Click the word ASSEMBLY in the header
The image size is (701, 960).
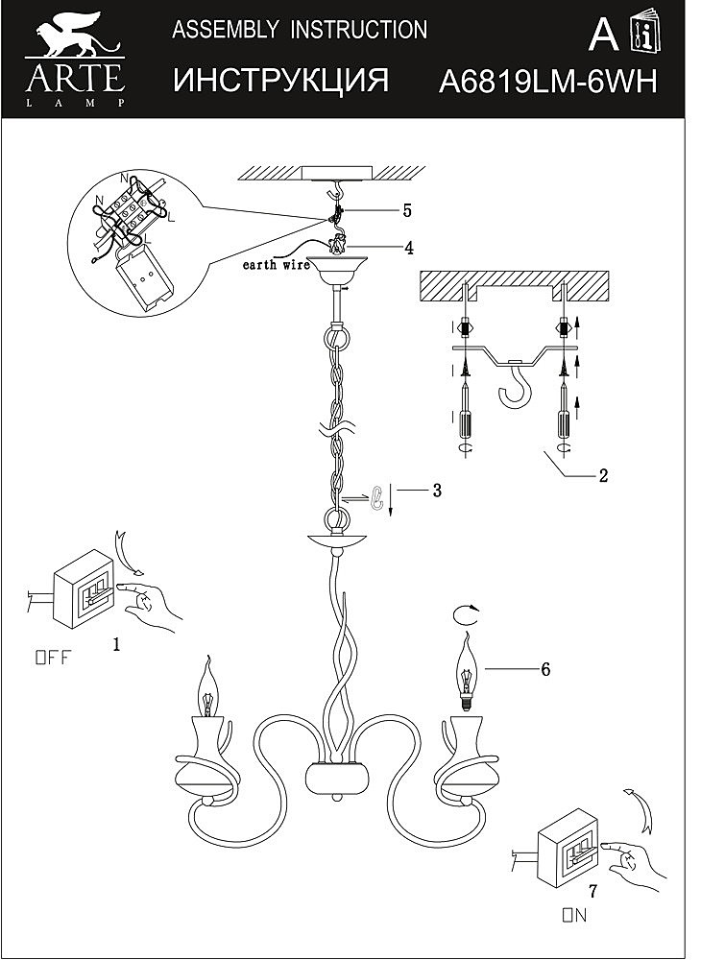(217, 30)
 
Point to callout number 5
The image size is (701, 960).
(406, 209)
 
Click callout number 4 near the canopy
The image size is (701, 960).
(408, 248)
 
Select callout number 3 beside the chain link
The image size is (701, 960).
(436, 491)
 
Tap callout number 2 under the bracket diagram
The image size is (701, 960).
(603, 474)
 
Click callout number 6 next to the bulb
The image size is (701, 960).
(544, 669)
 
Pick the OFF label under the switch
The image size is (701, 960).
(53, 658)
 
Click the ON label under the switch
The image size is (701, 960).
(574, 915)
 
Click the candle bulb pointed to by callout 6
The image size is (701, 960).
(466, 672)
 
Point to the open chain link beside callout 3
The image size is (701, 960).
(377, 496)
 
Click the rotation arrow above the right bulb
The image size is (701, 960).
(466, 612)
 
